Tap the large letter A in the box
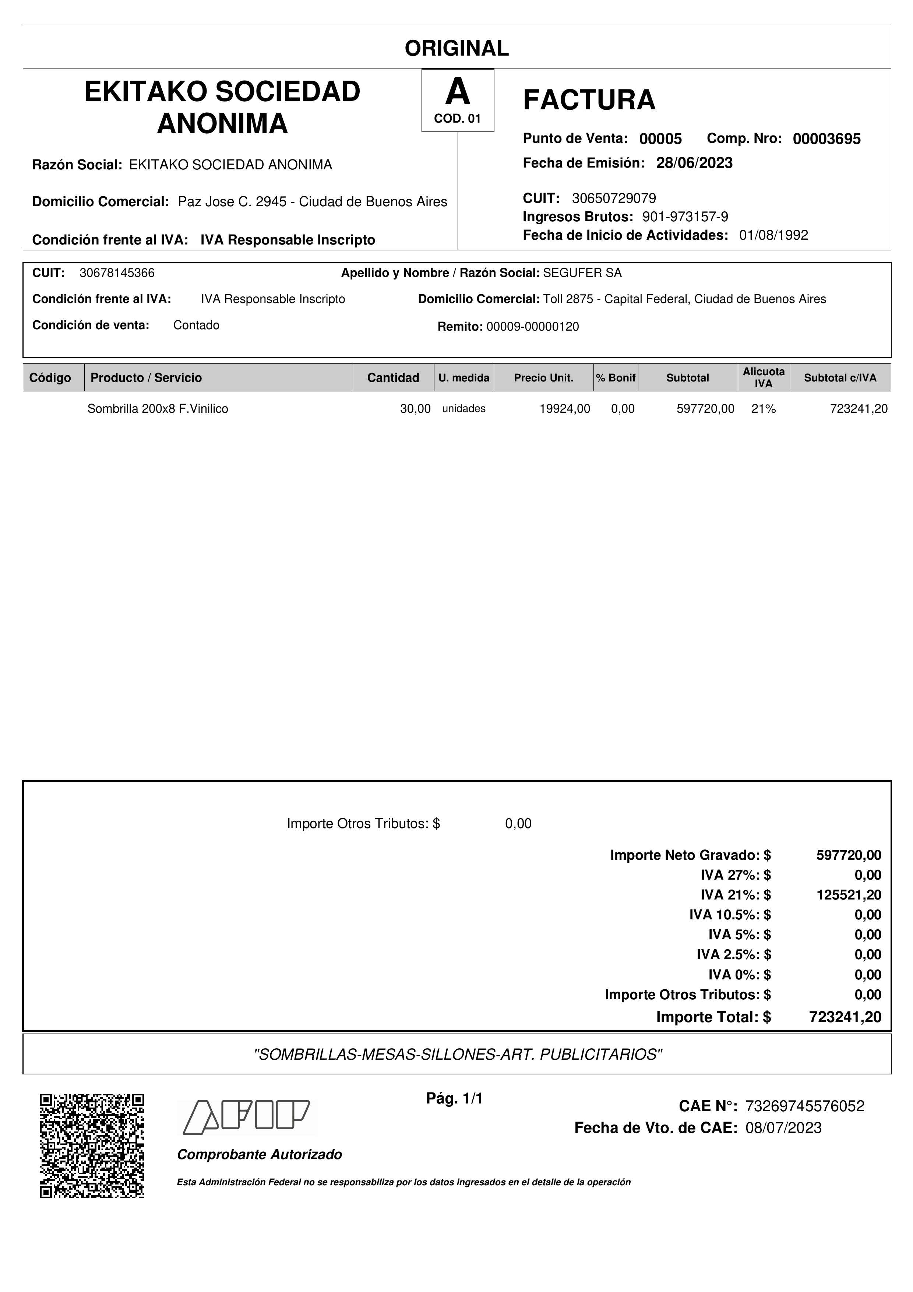pyautogui.click(x=457, y=92)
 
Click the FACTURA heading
pyautogui.click(x=589, y=100)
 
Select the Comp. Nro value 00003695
pyautogui.click(x=826, y=139)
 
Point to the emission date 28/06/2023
pyautogui.click(x=694, y=163)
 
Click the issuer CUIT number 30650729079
pyautogui.click(x=614, y=198)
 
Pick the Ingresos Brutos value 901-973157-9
pyautogui.click(x=685, y=216)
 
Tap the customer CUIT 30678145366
pyautogui.click(x=117, y=273)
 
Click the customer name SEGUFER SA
pyautogui.click(x=582, y=273)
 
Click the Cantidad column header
pyautogui.click(x=393, y=377)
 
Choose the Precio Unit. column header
pyautogui.click(x=543, y=377)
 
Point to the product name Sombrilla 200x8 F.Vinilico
pyautogui.click(x=158, y=409)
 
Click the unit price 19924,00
pyautogui.click(x=565, y=409)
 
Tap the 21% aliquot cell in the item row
pyautogui.click(x=764, y=409)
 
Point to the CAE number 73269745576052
pyautogui.click(x=804, y=1106)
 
